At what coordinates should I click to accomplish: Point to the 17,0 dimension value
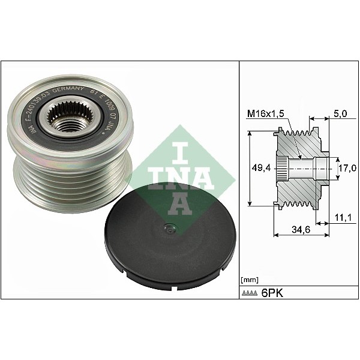344,169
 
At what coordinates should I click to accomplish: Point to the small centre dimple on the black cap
170,228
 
